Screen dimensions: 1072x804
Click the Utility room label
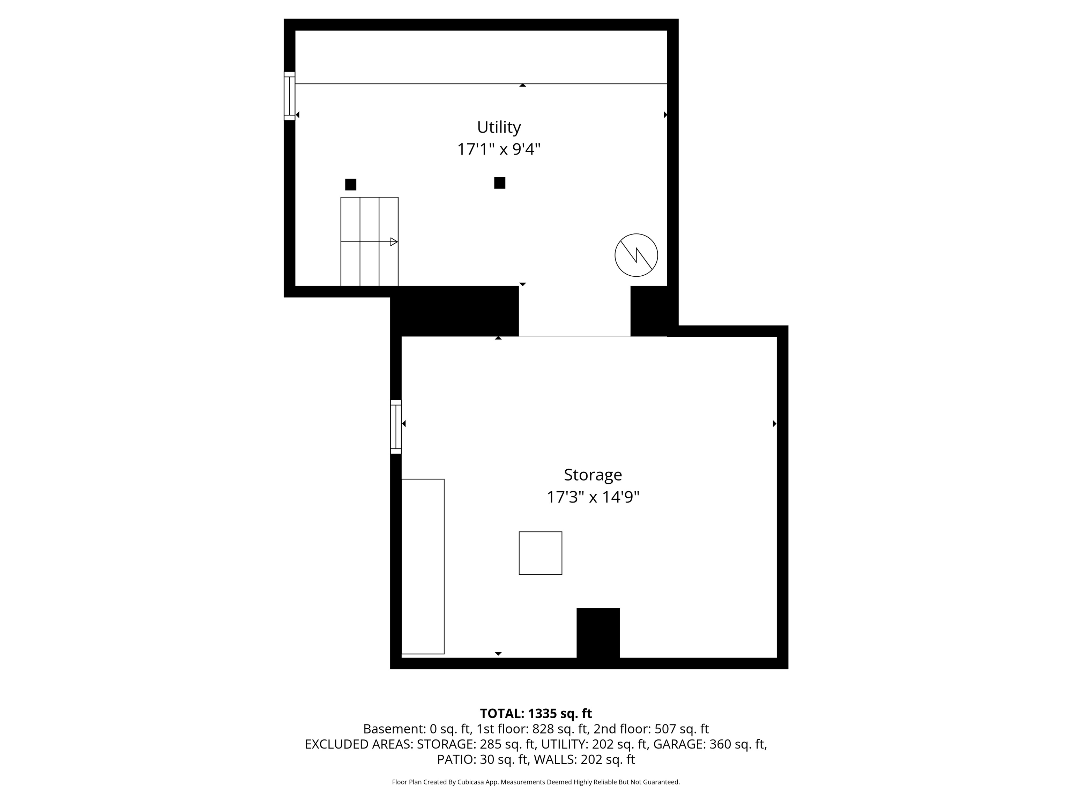coord(499,127)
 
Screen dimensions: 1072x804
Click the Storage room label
coord(593,475)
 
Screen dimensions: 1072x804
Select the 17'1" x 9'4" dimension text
coord(499,149)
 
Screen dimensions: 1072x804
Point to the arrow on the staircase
coord(369,241)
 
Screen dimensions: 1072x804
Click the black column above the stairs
coord(350,185)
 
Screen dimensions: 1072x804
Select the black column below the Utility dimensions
coord(500,183)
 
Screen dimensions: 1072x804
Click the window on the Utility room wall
coord(289,96)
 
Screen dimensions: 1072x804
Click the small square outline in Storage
coord(540,553)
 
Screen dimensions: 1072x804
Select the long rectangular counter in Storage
coord(423,566)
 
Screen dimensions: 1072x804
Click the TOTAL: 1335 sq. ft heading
coord(536,713)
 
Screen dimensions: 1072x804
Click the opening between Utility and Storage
coord(575,311)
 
